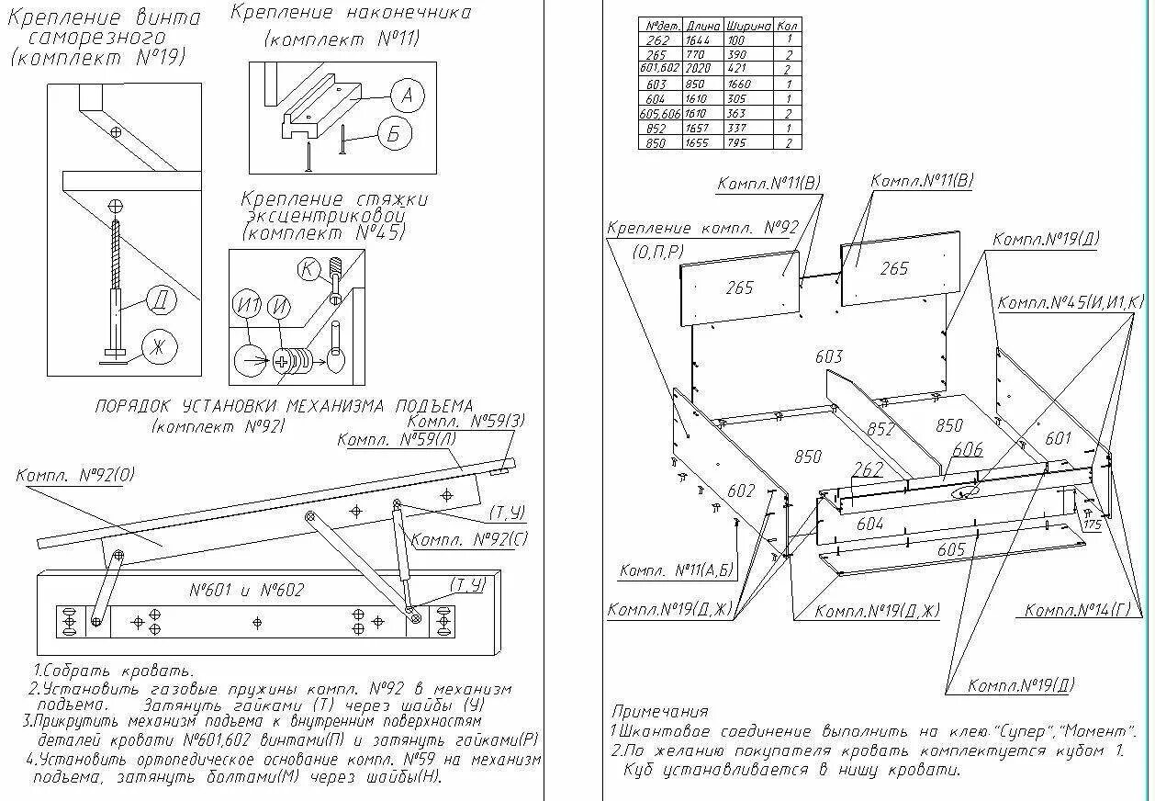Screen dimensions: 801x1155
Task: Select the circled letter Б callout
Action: tap(394, 136)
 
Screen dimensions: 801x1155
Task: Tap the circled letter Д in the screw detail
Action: tap(160, 300)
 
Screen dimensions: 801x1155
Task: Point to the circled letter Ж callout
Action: tap(159, 348)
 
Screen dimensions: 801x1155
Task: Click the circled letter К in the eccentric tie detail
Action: tap(309, 269)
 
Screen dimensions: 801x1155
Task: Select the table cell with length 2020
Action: tap(703, 69)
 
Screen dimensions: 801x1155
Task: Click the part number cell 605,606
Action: tap(660, 113)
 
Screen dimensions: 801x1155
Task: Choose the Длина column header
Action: tap(703, 26)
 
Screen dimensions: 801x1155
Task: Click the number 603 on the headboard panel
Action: tap(828, 356)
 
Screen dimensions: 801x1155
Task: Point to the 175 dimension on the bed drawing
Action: tap(1092, 525)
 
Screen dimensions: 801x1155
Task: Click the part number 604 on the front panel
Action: tap(869, 524)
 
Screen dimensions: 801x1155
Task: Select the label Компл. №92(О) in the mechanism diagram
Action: tap(75, 475)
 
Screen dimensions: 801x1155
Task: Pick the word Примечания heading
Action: tap(660, 712)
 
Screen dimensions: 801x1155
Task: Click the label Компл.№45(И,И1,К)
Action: tap(1071, 301)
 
